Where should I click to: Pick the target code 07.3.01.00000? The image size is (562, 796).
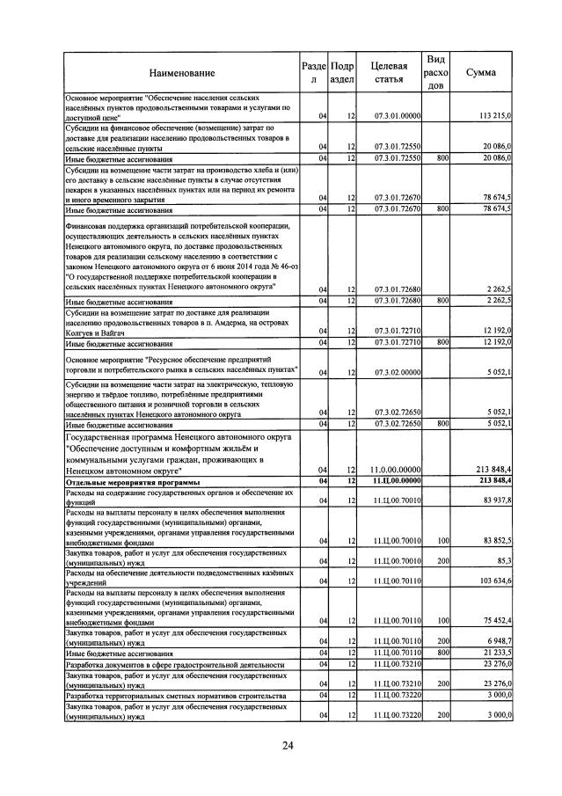tap(398, 116)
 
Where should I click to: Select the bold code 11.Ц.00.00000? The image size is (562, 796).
tap(398, 481)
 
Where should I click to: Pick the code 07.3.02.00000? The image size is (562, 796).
tap(398, 372)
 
